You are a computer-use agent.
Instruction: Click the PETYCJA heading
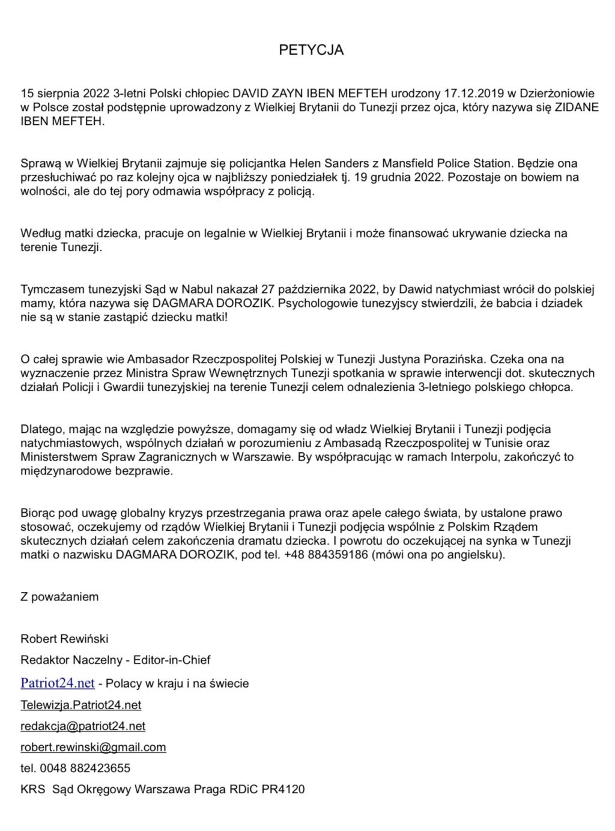(311, 50)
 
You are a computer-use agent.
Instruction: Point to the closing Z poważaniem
(59, 597)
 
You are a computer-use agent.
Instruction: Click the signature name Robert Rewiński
(64, 638)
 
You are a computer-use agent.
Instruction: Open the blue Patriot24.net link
(58, 683)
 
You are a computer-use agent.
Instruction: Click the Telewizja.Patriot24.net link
(81, 705)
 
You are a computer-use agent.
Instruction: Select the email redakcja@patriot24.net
(83, 726)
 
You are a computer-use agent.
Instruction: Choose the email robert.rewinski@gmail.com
(93, 748)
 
